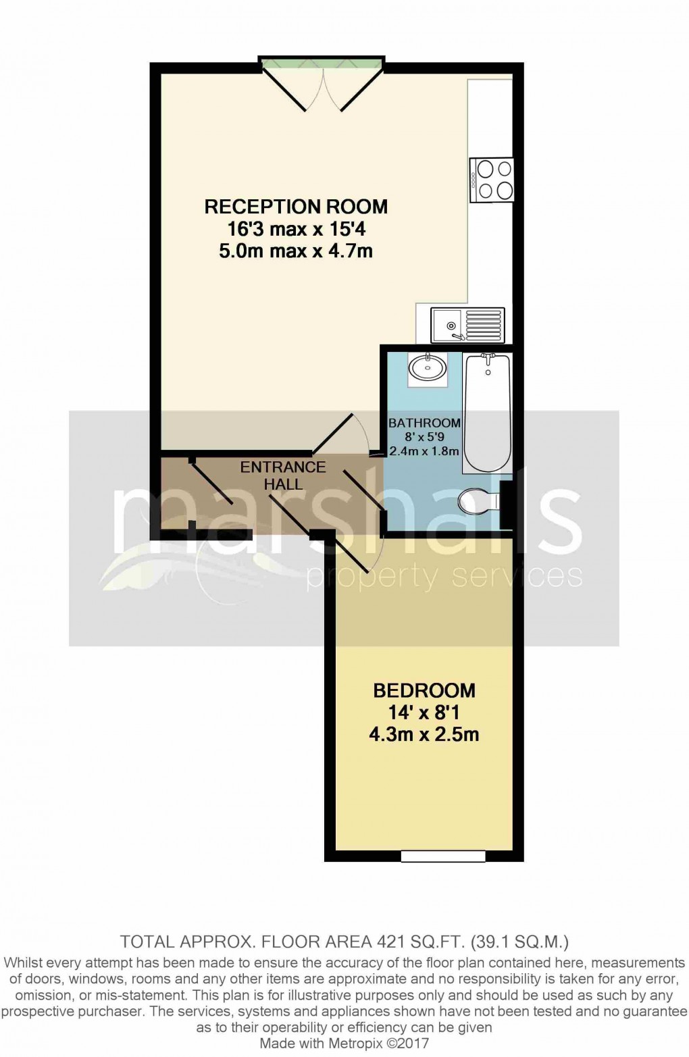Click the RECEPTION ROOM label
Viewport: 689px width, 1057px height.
point(296,206)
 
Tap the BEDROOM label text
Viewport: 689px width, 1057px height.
point(424,690)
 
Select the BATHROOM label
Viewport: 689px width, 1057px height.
point(424,423)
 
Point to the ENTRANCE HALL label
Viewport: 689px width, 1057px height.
point(283,475)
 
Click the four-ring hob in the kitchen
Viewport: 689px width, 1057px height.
point(494,179)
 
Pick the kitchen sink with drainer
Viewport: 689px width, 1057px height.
point(468,325)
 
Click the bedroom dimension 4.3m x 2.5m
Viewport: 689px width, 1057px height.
point(424,734)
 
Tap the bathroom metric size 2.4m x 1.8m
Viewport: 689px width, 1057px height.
point(424,451)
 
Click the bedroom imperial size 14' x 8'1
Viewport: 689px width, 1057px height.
point(424,712)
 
